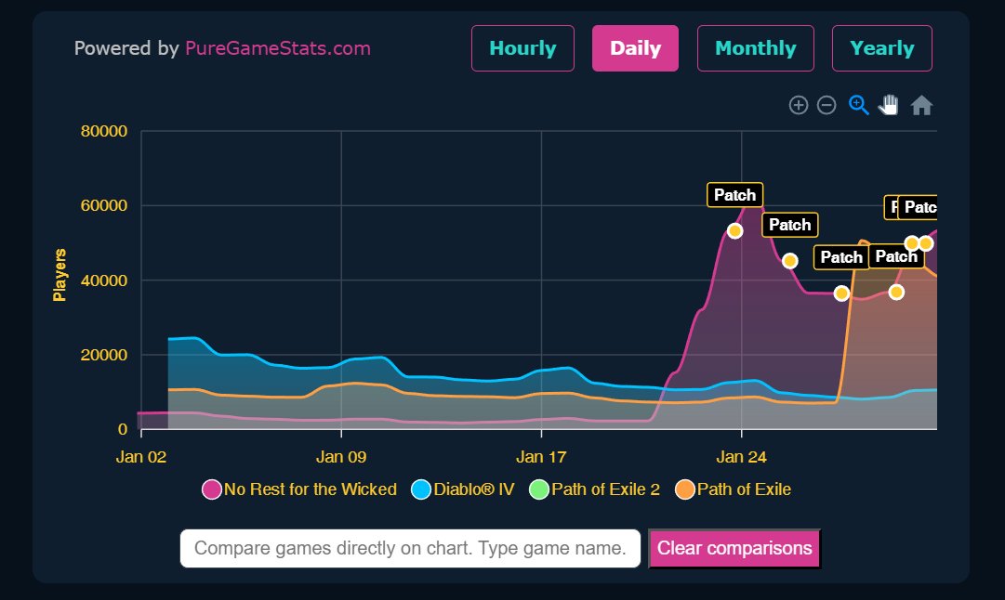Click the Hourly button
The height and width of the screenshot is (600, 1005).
tap(522, 48)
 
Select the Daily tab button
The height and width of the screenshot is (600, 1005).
tap(635, 48)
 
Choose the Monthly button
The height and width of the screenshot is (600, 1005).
tap(755, 48)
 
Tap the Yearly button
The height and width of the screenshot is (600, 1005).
tap(881, 48)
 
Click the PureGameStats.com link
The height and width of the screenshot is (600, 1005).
tap(277, 48)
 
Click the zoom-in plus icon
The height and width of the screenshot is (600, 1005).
tap(798, 105)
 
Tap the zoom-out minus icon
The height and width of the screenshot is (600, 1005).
tap(826, 105)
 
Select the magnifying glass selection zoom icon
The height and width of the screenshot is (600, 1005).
tap(858, 105)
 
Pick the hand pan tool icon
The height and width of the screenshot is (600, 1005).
tap(889, 105)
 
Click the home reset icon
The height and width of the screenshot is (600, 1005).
tap(921, 105)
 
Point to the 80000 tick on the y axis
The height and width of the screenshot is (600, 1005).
tap(103, 131)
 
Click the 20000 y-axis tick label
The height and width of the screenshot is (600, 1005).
tap(103, 355)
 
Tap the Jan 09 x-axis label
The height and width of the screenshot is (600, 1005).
tap(341, 457)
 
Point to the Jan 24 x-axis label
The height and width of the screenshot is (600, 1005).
tap(741, 457)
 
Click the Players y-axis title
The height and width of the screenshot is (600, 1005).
tap(60, 274)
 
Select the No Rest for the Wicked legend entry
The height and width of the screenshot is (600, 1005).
tap(299, 489)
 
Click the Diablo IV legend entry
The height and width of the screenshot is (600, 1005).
tap(463, 489)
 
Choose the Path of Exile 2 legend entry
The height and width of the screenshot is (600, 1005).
tap(595, 489)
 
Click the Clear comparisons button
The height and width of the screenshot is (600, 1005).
tap(734, 548)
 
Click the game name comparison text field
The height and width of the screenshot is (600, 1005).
tap(410, 548)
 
